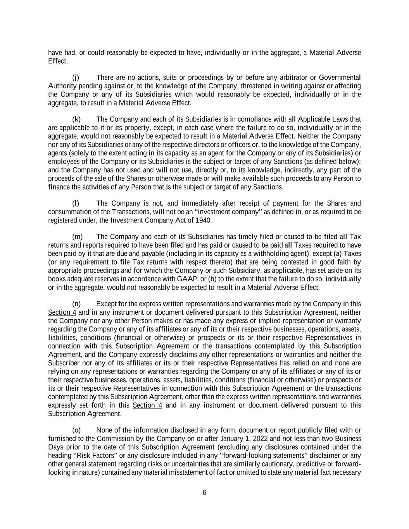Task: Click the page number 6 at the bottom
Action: click(204, 493)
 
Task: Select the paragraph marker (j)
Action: click(76, 78)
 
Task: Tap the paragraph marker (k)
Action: click(76, 119)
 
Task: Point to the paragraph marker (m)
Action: click(77, 237)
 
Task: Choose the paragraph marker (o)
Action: click(77, 430)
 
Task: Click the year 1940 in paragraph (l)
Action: click(204, 221)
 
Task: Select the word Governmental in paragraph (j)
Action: click(340, 78)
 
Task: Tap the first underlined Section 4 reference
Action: click(62, 313)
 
